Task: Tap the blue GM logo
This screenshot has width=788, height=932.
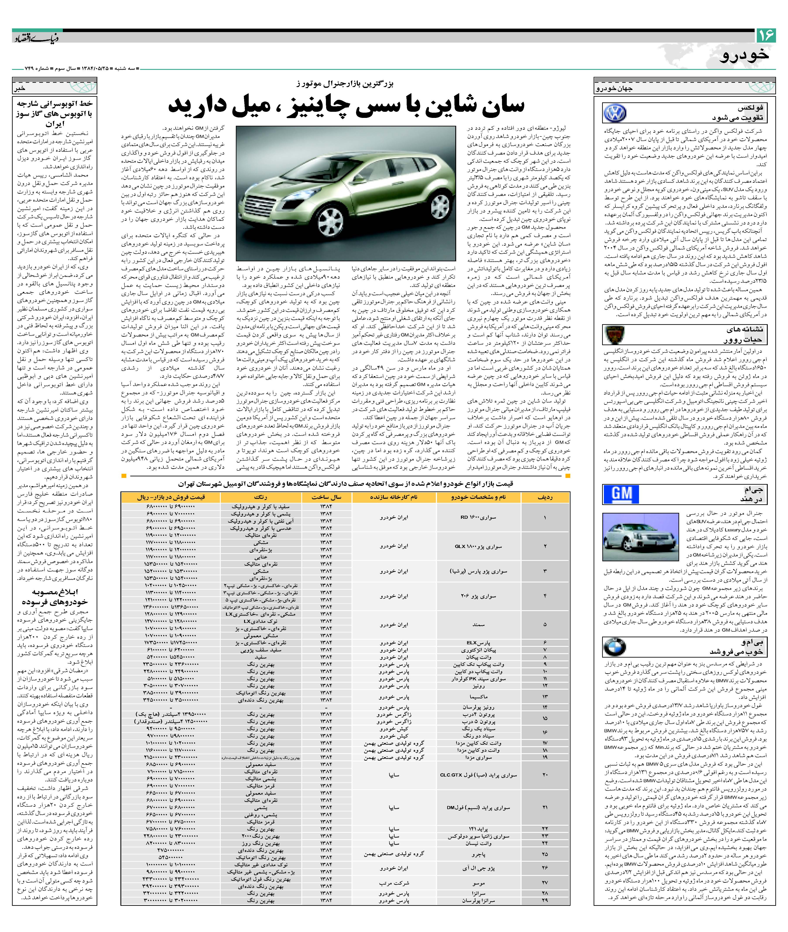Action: coord(621,494)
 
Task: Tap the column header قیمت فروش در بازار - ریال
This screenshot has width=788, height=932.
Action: coord(171,497)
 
